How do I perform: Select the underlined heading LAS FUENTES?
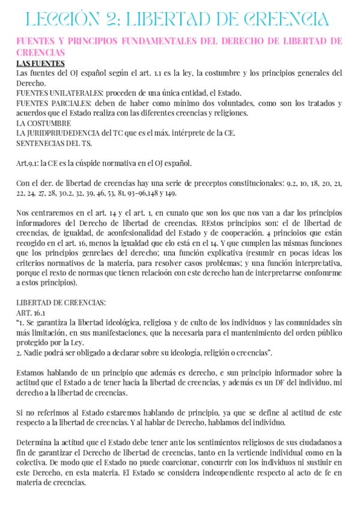coord(41,64)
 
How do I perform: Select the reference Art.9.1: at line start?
coord(29,162)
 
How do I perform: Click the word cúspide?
coord(92,162)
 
